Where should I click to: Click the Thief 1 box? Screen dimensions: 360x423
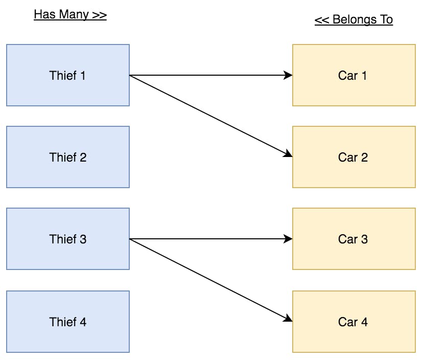67,76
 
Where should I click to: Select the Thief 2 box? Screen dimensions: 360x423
67,157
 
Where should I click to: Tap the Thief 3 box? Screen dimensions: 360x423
67,239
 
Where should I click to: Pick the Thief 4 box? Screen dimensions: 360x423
67,322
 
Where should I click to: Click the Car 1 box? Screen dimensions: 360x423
354,76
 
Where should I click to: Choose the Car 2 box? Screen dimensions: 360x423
354,157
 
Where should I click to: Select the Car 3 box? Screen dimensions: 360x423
354,239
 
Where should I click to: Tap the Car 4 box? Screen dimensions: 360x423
354,322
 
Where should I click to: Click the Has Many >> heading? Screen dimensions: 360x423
70,15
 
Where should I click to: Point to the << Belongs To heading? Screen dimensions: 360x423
354,20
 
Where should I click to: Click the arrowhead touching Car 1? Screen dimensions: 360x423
288,76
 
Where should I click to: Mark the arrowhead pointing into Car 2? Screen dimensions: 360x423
288,154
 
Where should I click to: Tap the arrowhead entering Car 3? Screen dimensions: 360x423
288,239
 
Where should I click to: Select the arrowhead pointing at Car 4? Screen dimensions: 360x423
288,319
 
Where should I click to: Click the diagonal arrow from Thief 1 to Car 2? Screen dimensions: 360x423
209,116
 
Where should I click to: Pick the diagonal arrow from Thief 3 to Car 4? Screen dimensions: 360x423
209,279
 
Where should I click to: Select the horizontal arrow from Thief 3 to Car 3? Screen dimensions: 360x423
209,239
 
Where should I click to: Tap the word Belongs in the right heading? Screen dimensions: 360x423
353,20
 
